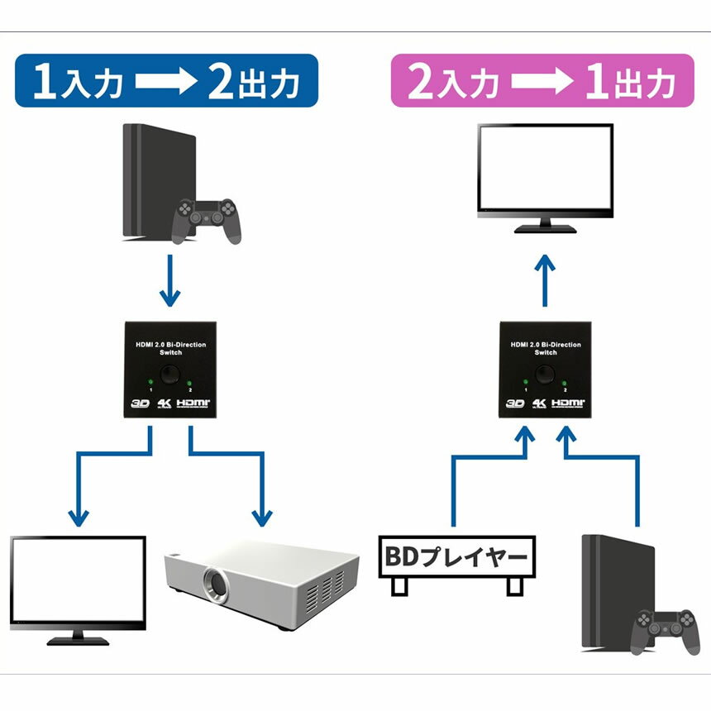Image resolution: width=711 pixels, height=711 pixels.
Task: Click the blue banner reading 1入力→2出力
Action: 166,81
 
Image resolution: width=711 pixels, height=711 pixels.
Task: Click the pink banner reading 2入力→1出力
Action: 542,81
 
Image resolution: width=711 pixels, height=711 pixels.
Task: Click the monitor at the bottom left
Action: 78,582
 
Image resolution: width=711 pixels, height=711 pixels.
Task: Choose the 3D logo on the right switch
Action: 515,404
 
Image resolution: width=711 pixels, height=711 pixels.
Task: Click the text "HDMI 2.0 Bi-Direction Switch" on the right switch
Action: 546,348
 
